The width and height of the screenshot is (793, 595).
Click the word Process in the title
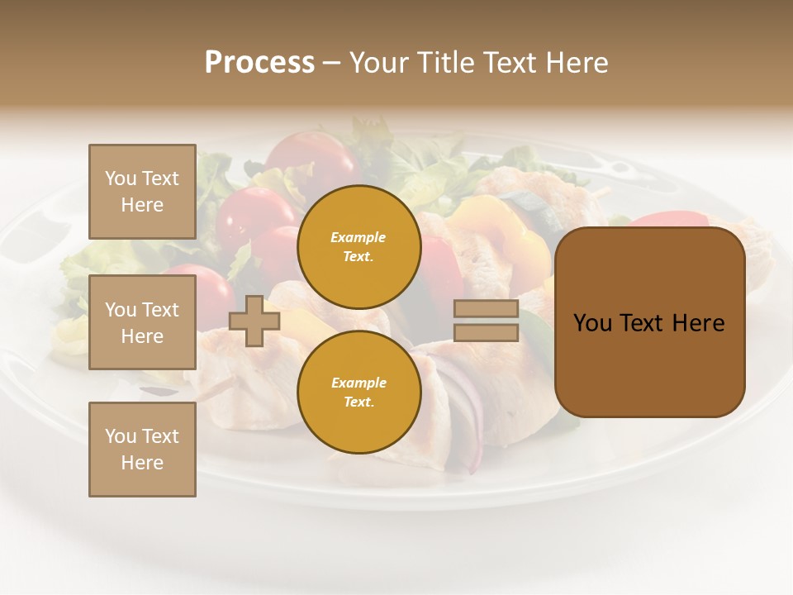point(259,63)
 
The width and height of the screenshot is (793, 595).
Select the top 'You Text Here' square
point(142,192)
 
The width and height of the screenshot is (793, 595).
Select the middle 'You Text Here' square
point(142,322)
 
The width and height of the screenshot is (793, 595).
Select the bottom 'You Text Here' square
point(142,450)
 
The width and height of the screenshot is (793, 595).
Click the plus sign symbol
point(254,321)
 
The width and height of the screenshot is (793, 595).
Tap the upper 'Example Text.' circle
point(359,247)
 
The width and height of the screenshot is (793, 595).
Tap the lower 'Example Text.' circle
point(359,393)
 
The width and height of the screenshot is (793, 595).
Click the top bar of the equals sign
point(487,308)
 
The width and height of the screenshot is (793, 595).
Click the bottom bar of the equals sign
point(487,332)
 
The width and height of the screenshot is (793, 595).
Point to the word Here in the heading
point(575,63)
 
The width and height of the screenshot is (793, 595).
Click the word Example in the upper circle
point(359,237)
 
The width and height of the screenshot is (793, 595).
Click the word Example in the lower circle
point(359,383)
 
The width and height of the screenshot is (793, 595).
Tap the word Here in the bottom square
point(142,463)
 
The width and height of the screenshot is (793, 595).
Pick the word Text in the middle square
point(159,310)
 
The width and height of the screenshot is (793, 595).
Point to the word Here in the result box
point(698,322)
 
